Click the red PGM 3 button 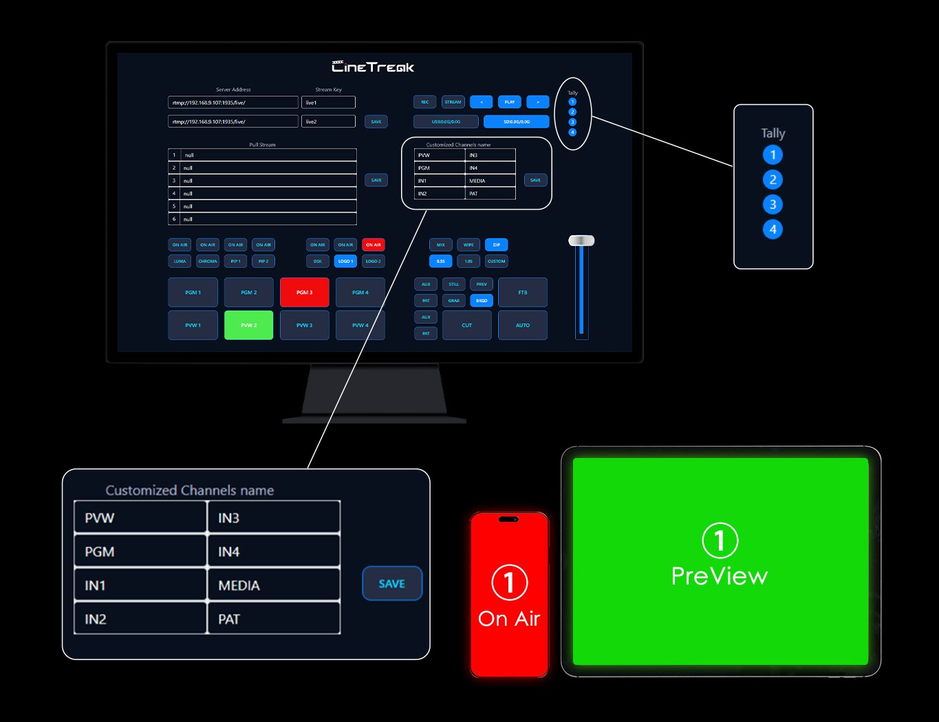tap(304, 292)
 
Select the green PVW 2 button tap(249, 325)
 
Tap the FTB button tap(523, 292)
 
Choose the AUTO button tap(523, 325)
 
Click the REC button tap(425, 102)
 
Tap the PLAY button tap(510, 102)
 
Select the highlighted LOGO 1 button tap(345, 261)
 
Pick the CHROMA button tap(208, 261)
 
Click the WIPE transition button tap(468, 245)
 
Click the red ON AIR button tap(374, 245)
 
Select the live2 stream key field tap(328, 122)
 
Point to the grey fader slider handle tap(581, 241)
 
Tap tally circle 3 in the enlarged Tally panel tap(773, 204)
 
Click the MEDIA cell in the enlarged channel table tap(274, 585)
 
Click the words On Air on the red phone tap(509, 618)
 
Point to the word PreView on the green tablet tap(720, 576)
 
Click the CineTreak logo tap(374, 67)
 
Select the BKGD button tap(482, 300)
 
